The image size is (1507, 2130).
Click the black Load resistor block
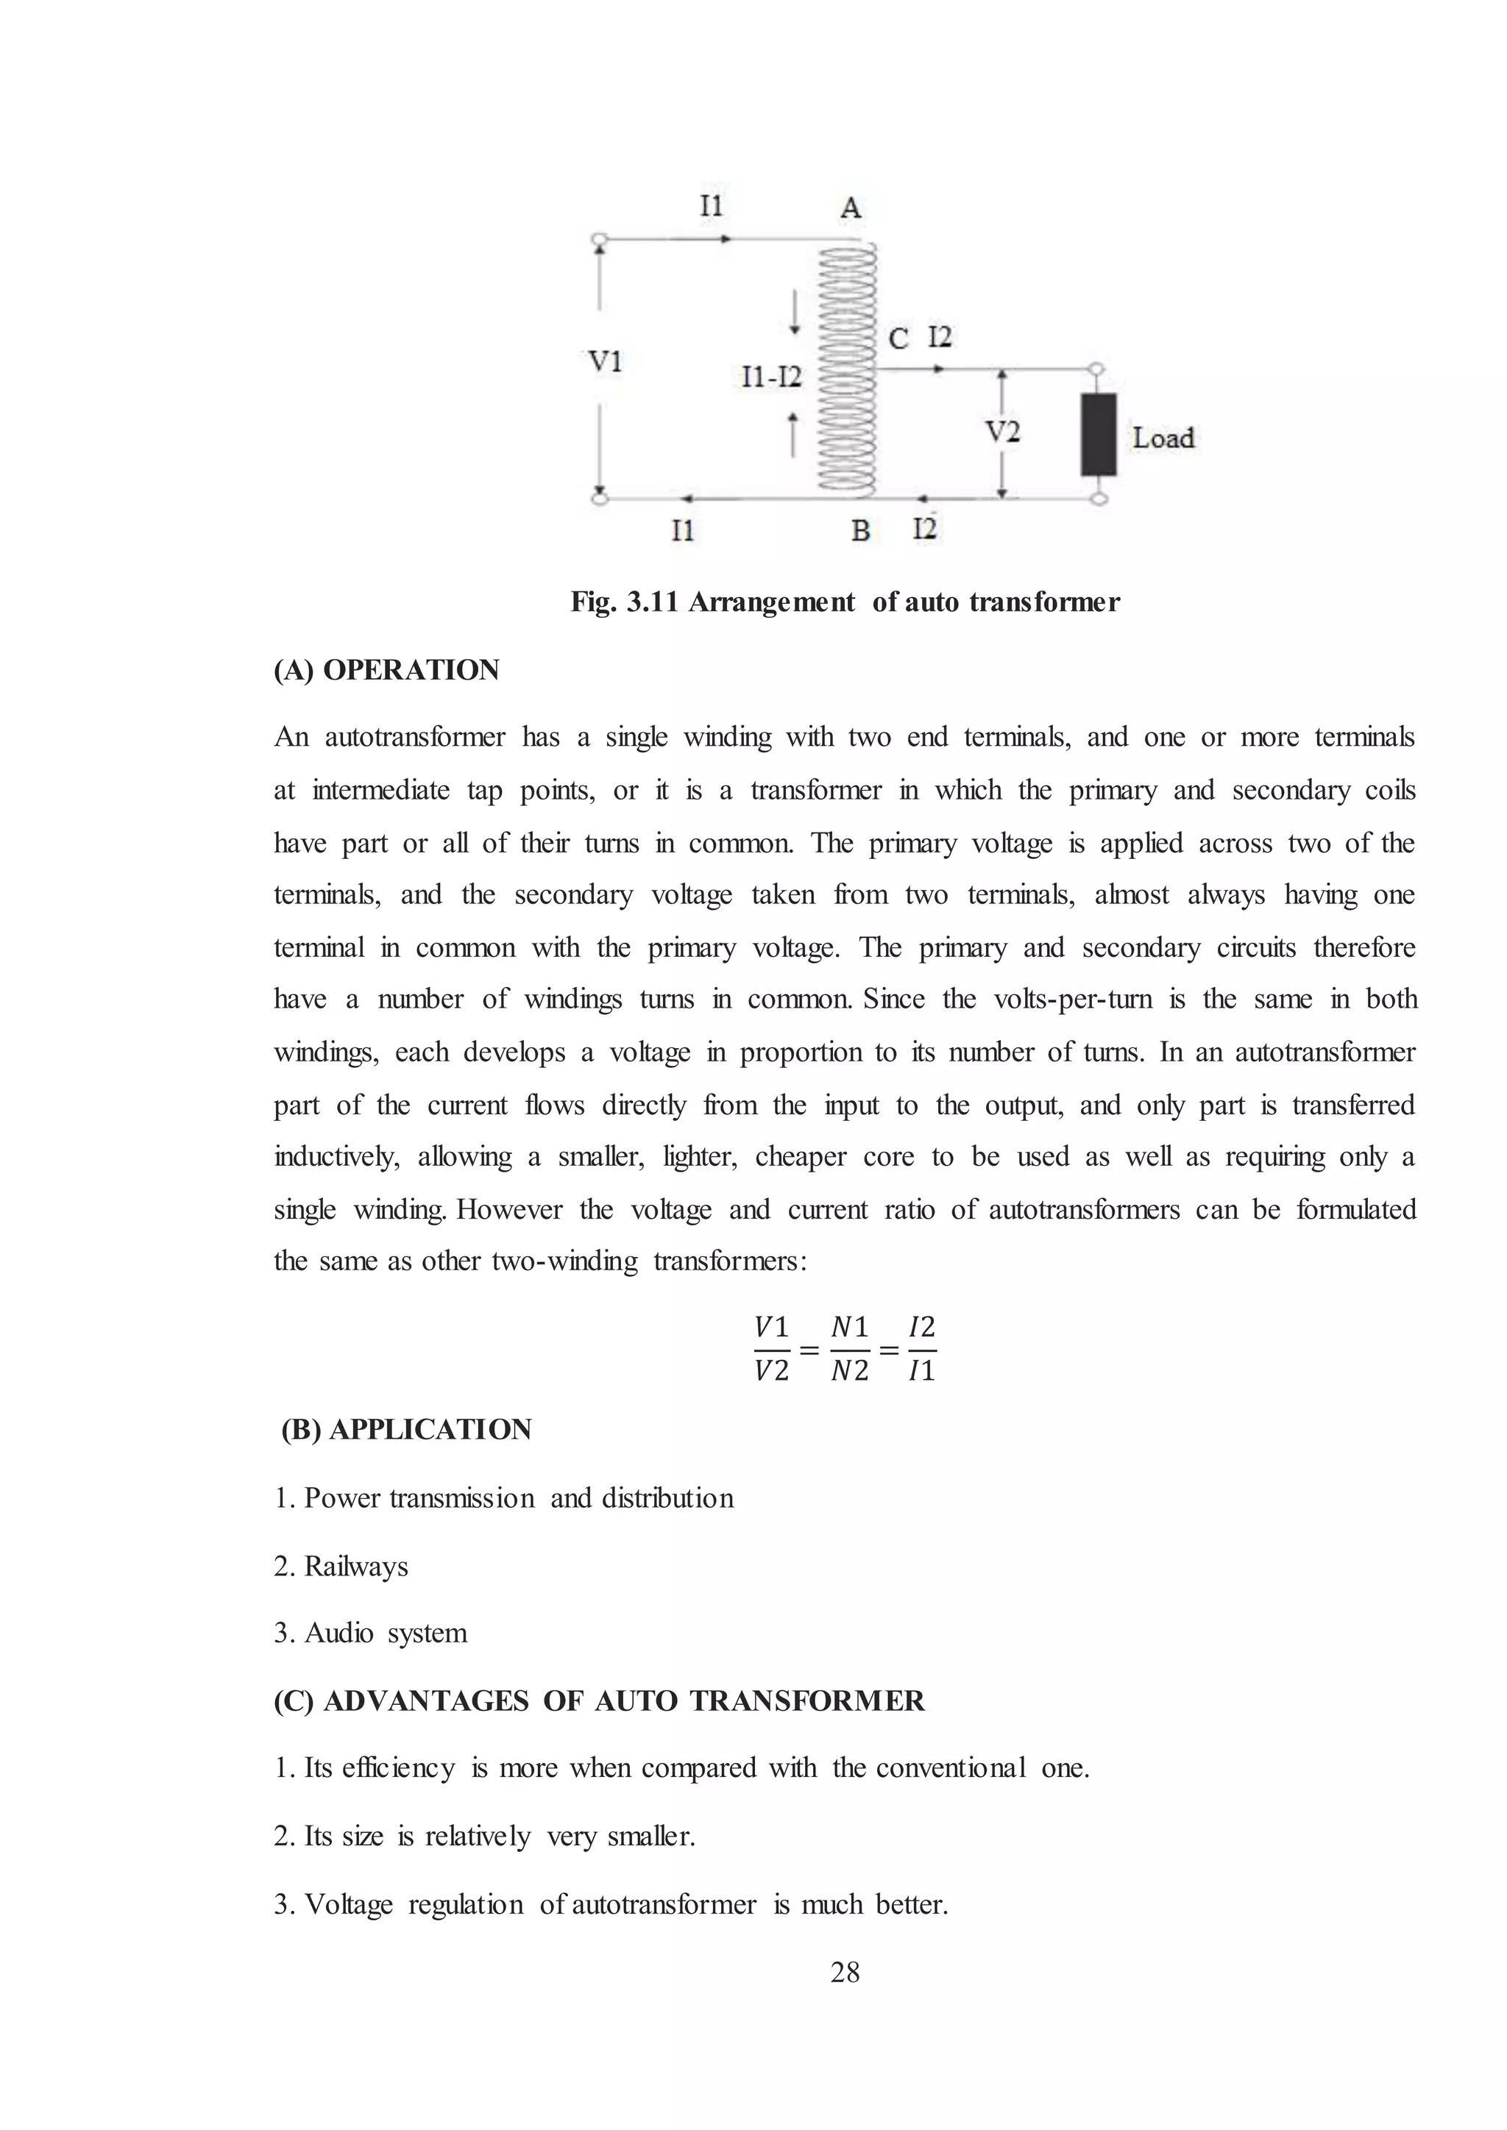(x=1098, y=434)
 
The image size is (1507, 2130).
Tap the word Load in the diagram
(x=1163, y=438)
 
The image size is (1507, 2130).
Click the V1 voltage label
(x=605, y=361)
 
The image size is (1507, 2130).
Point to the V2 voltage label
(x=1002, y=432)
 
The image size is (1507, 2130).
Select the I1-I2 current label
(x=771, y=377)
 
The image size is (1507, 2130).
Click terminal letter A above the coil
(x=851, y=209)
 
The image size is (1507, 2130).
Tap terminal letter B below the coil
(x=860, y=530)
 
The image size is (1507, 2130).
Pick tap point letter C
(x=897, y=338)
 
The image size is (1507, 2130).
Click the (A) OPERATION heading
(x=386, y=670)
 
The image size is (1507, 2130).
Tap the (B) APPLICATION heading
(x=406, y=1430)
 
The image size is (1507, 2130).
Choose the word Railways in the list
(x=356, y=1566)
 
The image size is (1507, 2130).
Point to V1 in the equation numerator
(x=771, y=1328)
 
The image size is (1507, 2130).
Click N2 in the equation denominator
(x=850, y=1371)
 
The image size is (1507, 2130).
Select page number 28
(x=845, y=1973)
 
